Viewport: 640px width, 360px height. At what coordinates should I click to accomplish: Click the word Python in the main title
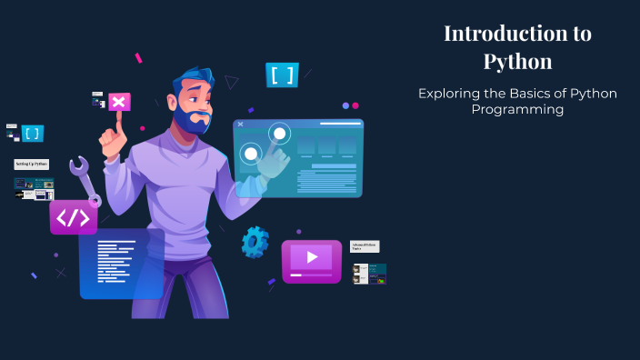(x=517, y=62)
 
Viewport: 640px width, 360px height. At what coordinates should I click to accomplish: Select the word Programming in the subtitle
(x=517, y=109)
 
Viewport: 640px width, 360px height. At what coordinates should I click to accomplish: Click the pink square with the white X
(x=118, y=102)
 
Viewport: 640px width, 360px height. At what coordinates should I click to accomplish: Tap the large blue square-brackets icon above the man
(x=283, y=75)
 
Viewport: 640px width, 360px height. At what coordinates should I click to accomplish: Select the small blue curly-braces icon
(x=33, y=134)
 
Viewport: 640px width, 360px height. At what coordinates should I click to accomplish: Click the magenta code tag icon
(x=73, y=217)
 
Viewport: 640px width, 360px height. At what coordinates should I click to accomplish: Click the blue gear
(x=255, y=242)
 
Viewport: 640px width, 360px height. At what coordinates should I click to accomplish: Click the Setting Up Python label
(x=32, y=164)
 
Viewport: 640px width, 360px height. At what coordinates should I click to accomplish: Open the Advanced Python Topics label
(x=365, y=246)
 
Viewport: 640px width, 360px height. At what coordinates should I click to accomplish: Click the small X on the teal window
(x=240, y=124)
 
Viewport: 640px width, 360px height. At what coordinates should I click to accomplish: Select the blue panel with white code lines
(x=121, y=264)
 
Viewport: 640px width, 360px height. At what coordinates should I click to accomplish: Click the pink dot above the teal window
(x=355, y=105)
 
